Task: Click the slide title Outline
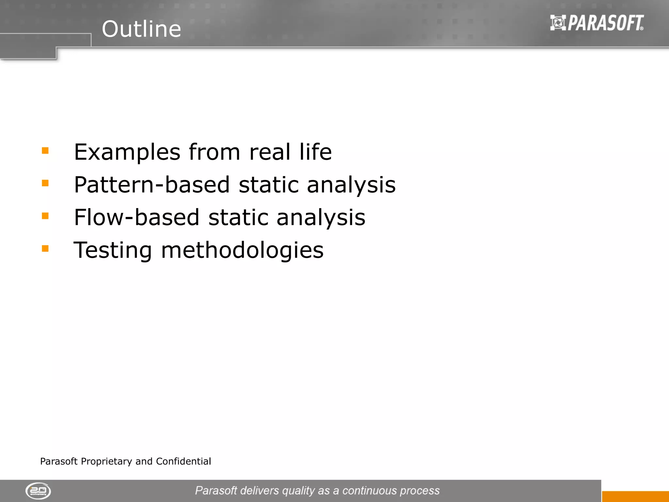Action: tap(141, 29)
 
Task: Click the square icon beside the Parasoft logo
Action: tap(558, 23)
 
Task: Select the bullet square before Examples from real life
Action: tap(45, 151)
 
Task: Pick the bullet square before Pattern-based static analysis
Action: tap(45, 183)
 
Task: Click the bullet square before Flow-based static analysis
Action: tap(45, 216)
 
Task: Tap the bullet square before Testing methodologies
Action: tap(45, 249)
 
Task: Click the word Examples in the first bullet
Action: tap(127, 152)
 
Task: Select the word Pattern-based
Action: tap(152, 185)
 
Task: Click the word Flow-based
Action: tap(137, 217)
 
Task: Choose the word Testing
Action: tap(113, 251)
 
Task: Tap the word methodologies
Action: tap(242, 250)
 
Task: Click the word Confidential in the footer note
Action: tap(183, 461)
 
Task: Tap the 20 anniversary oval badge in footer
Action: tap(38, 491)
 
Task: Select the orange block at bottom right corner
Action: tap(635, 496)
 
